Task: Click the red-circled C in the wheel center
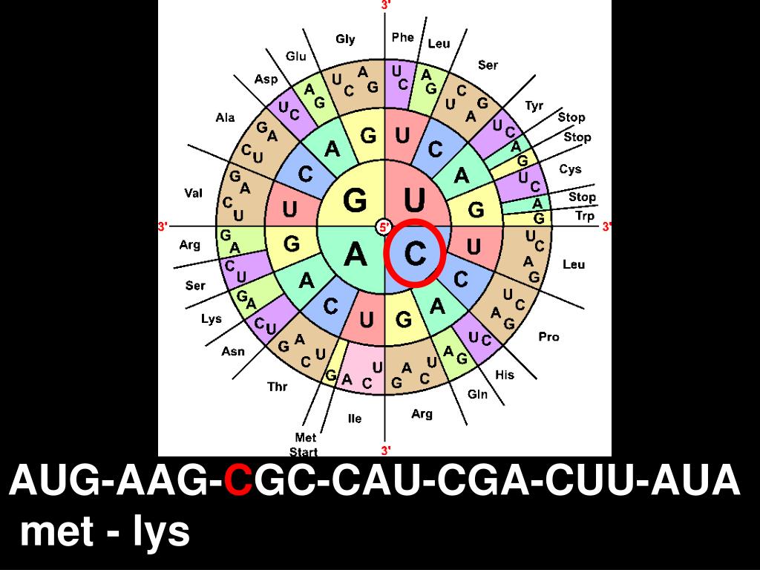point(414,254)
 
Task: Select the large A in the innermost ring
point(356,255)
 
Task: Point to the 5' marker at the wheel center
point(384,227)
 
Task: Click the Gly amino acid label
point(345,39)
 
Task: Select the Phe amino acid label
point(403,37)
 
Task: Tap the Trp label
point(585,216)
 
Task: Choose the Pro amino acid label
point(548,337)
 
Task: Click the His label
point(505,375)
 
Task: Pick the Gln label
point(477,394)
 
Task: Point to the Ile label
point(355,419)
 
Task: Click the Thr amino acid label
point(277,387)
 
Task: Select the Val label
point(193,193)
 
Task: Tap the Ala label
point(225,117)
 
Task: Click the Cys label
point(570,169)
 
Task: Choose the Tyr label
point(534,105)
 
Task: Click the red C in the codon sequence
point(238,482)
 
